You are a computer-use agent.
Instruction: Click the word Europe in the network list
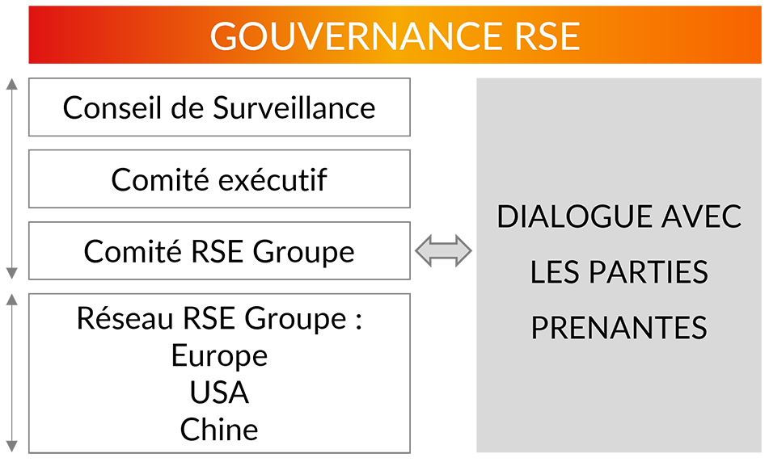coord(219,355)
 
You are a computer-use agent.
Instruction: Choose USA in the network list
coord(219,393)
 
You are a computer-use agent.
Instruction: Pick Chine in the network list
coord(219,430)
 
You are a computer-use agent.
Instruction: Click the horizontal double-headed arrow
coord(443,251)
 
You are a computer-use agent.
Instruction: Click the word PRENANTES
coord(619,328)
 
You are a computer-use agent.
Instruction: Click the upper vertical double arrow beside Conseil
coord(12,178)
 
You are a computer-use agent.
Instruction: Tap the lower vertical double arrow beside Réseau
coord(12,372)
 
